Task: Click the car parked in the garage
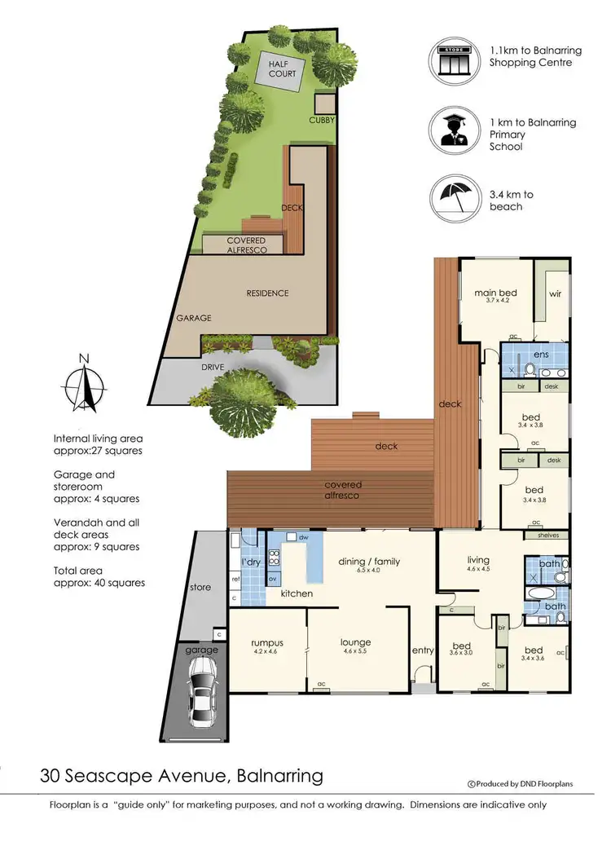[x=202, y=694]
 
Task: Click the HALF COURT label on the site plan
[x=283, y=67]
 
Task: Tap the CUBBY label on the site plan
[x=323, y=121]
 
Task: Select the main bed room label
[x=496, y=293]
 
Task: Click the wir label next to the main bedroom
[x=556, y=293]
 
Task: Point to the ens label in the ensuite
[x=541, y=355]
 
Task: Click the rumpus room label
[x=266, y=643]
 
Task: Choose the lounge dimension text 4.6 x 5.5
[x=355, y=652]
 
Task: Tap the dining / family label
[x=375, y=560]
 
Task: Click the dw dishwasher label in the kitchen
[x=303, y=538]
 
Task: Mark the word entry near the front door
[x=423, y=650]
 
